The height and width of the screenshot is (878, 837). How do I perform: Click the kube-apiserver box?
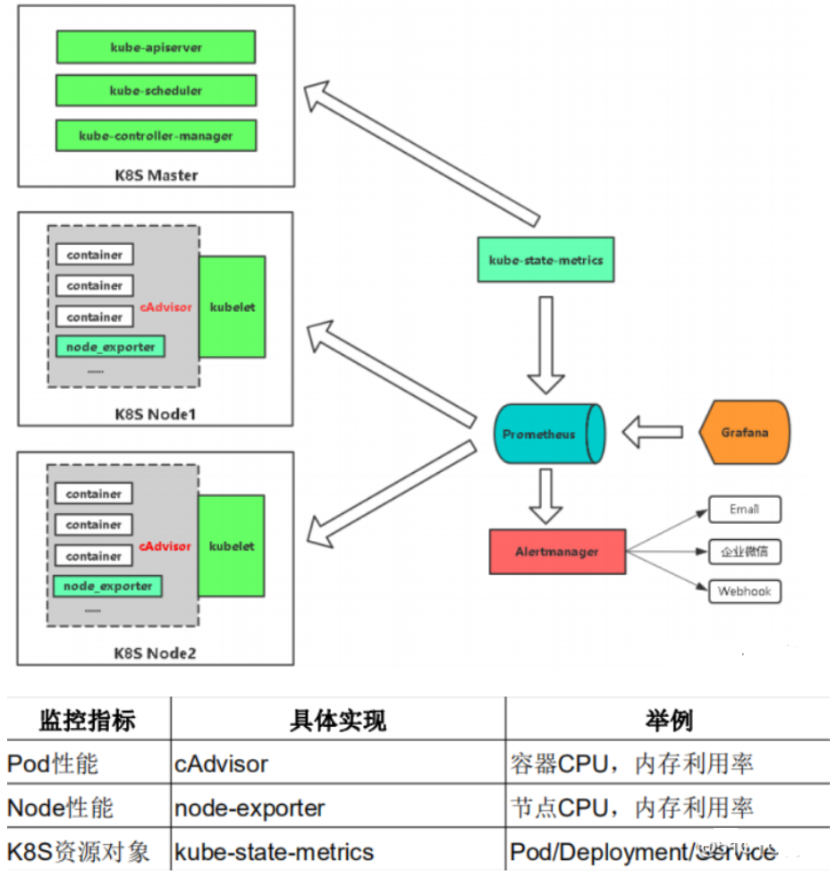click(x=156, y=46)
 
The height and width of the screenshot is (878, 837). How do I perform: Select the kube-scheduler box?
click(x=156, y=90)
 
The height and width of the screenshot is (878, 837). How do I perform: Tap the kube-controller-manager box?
click(x=156, y=136)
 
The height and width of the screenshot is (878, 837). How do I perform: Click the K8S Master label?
click(x=156, y=174)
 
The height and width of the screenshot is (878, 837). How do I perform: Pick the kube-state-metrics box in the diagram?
click(x=545, y=260)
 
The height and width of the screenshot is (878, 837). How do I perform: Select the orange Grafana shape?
click(x=744, y=433)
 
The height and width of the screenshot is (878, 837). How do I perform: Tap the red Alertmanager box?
click(x=556, y=552)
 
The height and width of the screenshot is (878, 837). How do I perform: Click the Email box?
click(x=744, y=510)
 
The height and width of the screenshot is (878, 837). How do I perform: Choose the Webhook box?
click(x=744, y=592)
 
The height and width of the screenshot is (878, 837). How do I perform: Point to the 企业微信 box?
click(x=744, y=551)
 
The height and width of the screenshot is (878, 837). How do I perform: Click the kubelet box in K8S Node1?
click(x=232, y=307)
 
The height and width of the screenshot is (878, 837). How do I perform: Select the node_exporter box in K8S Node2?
click(x=108, y=587)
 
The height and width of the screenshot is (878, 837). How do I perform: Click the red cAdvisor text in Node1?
click(x=165, y=307)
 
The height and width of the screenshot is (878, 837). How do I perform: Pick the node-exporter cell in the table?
click(x=249, y=808)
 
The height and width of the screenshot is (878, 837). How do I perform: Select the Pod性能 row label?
click(x=53, y=764)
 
